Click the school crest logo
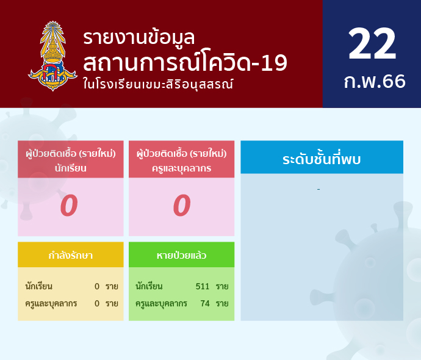[x=53, y=56]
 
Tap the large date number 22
[x=372, y=43]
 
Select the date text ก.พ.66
[x=375, y=81]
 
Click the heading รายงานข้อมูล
[x=139, y=38]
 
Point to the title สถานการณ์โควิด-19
[x=185, y=62]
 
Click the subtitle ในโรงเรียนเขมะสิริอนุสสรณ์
[x=158, y=84]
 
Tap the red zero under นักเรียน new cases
[x=69, y=206]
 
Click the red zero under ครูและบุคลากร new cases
[x=182, y=206]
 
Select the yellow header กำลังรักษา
[x=71, y=255]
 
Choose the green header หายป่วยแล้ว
[x=181, y=255]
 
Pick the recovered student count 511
[x=203, y=286]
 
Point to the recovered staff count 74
[x=205, y=303]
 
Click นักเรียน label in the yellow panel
[x=38, y=286]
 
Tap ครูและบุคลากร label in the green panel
[x=161, y=304]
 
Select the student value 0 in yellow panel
[x=97, y=286]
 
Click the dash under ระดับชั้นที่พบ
[x=318, y=190]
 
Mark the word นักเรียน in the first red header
[x=71, y=168]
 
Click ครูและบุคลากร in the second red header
[x=181, y=168]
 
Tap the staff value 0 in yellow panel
[x=97, y=304]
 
